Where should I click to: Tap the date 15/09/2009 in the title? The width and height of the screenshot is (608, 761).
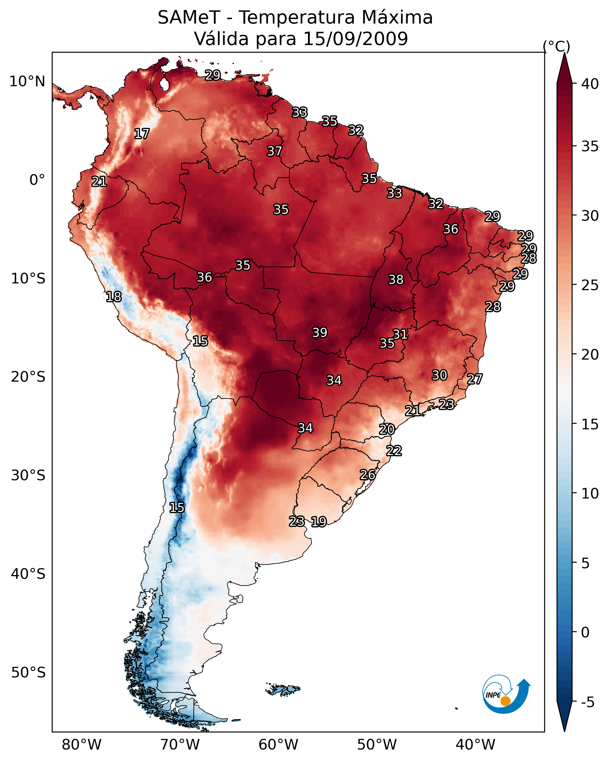tap(355, 39)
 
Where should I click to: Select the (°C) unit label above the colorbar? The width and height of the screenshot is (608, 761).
tap(556, 46)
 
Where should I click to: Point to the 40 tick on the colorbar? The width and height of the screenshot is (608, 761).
tap(590, 84)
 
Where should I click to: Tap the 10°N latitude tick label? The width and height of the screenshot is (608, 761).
tap(27, 82)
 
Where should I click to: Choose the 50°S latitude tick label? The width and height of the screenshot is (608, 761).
tap(28, 673)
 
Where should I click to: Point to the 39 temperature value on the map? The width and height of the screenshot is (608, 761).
tap(320, 333)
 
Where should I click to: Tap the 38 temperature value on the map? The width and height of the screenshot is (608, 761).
tap(396, 280)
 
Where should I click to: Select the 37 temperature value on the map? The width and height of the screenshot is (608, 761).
tap(274, 151)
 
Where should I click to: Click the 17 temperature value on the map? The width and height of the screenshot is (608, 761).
tap(142, 134)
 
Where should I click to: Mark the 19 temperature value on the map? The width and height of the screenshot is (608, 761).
tap(319, 522)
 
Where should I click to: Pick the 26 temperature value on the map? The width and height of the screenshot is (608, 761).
tap(367, 475)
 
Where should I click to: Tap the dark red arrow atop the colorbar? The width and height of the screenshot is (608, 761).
tap(564, 69)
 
